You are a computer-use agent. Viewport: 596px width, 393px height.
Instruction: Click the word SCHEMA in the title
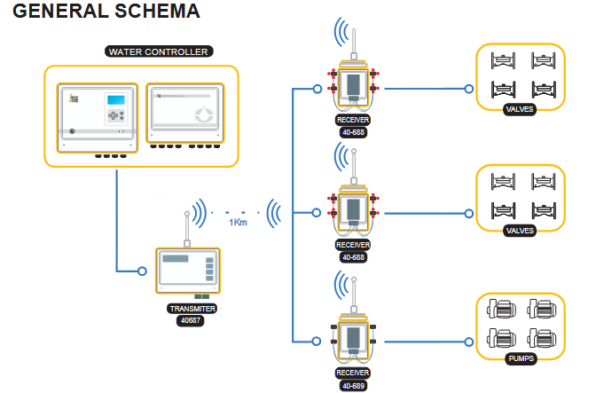pyautogui.click(x=155, y=12)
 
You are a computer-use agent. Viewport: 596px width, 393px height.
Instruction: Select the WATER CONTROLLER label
pyautogui.click(x=158, y=51)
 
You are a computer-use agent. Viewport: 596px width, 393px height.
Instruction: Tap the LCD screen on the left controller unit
pyautogui.click(x=116, y=100)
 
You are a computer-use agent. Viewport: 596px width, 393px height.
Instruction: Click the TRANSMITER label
pyautogui.click(x=192, y=309)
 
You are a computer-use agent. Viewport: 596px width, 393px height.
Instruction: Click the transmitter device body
pyautogui.click(x=186, y=271)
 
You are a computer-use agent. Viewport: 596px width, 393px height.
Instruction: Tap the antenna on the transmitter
pyautogui.click(x=186, y=227)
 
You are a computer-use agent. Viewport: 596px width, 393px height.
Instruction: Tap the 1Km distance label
pyautogui.click(x=238, y=223)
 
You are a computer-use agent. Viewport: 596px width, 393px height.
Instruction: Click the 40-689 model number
pyautogui.click(x=352, y=386)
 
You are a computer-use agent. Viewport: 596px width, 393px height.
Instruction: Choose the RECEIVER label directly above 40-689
pyautogui.click(x=352, y=373)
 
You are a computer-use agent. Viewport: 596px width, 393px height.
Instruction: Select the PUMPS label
pyautogui.click(x=521, y=359)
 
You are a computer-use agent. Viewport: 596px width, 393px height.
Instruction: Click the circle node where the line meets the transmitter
pyautogui.click(x=142, y=270)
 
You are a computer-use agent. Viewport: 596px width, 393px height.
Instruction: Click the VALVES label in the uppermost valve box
pyautogui.click(x=520, y=109)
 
